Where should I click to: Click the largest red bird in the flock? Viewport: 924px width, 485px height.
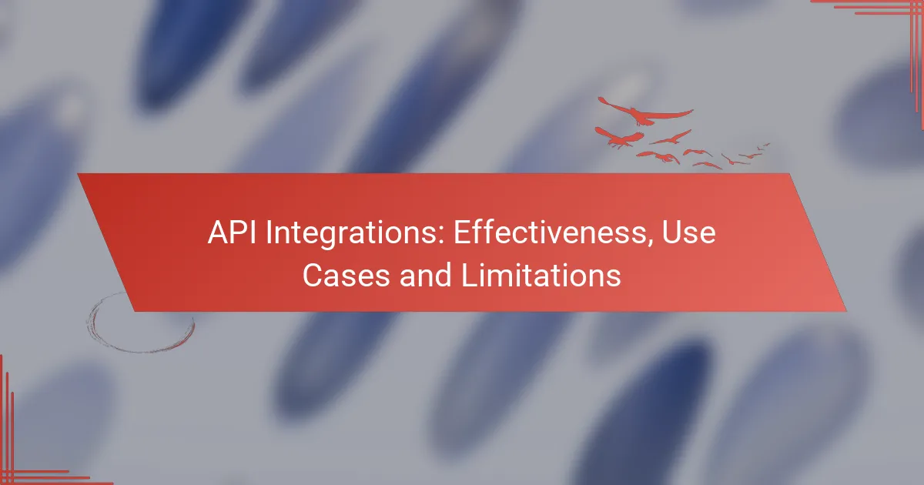pos(640,115)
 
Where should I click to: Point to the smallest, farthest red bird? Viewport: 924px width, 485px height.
pos(765,144)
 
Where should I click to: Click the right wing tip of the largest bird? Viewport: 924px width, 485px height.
pos(691,113)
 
